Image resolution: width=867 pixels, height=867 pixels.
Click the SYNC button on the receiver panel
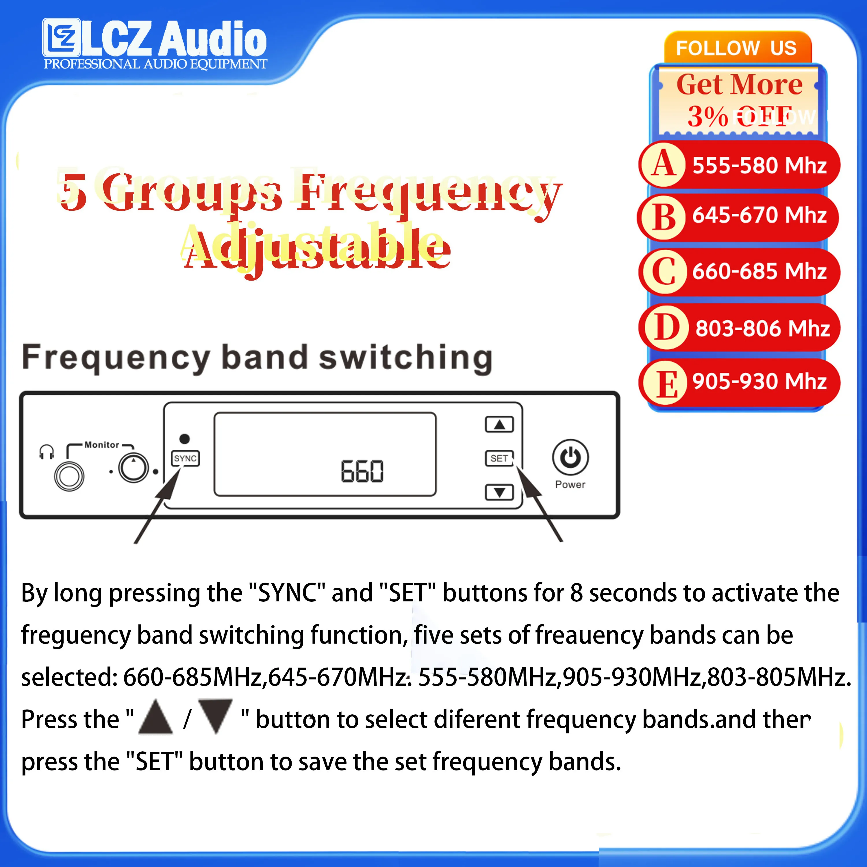185,458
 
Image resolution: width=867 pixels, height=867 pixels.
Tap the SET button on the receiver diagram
499,458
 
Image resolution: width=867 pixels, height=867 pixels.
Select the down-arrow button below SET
499,492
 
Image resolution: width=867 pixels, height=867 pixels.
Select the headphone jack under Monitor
69,476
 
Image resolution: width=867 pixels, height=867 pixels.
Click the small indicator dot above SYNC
184,438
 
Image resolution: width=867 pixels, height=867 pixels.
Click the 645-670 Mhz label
759,215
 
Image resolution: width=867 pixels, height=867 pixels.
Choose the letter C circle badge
663,271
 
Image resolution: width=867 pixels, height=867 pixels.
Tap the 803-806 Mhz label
762,329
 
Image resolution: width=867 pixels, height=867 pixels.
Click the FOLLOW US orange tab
737,48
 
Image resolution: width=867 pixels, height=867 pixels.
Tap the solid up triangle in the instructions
156,717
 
